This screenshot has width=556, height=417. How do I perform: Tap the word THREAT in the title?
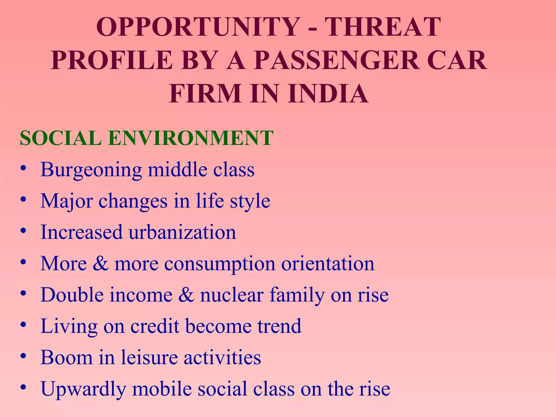(383, 27)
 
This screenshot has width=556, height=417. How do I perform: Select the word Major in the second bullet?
(67, 201)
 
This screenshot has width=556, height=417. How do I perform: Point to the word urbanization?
(182, 232)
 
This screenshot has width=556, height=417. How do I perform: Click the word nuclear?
(232, 295)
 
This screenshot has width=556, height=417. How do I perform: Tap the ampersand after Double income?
(186, 295)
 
